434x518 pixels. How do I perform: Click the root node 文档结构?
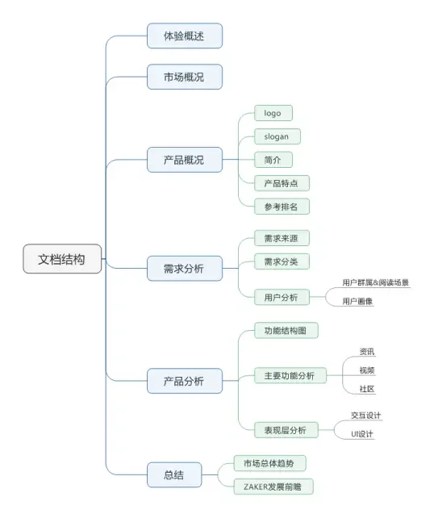click(62, 259)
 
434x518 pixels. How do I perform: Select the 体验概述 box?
click(184, 36)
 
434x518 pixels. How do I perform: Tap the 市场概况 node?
click(184, 77)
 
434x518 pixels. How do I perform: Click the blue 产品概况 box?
click(184, 160)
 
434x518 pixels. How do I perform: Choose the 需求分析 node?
click(184, 269)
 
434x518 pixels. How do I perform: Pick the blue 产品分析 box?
click(184, 381)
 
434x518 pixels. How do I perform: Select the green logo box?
click(273, 114)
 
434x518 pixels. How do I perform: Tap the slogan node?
click(277, 136)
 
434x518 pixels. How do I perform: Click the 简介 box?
click(273, 160)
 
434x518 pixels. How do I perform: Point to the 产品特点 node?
click(281, 183)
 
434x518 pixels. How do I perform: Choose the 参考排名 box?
click(281, 207)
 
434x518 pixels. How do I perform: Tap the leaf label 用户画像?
click(357, 302)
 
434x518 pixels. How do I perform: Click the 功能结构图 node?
click(286, 332)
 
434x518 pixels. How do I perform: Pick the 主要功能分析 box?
click(290, 376)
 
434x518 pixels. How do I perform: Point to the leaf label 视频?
click(366, 370)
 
